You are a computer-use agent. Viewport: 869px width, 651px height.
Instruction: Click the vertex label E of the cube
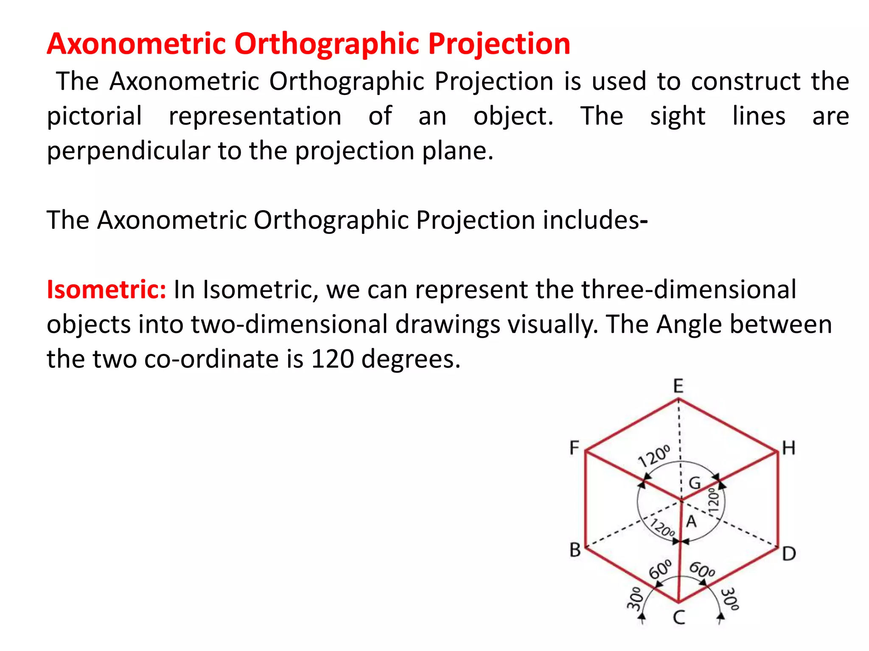(x=678, y=386)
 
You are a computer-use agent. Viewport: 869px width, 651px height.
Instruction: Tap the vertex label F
(x=574, y=448)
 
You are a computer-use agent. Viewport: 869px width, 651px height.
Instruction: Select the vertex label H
(x=788, y=448)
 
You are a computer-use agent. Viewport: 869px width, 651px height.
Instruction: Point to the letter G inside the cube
(x=695, y=483)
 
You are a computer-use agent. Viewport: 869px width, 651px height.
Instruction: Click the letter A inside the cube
(x=692, y=521)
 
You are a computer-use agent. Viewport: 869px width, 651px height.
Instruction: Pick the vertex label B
(x=575, y=550)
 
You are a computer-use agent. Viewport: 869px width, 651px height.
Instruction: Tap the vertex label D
(x=789, y=554)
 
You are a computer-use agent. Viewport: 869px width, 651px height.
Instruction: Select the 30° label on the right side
(x=730, y=598)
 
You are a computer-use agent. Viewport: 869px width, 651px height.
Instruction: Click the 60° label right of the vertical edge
(x=702, y=570)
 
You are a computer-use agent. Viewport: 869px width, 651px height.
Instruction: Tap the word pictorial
(x=94, y=116)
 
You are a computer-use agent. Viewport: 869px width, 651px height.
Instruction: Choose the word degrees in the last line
(x=410, y=359)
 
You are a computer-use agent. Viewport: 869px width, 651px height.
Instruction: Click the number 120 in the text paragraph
(x=332, y=359)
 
